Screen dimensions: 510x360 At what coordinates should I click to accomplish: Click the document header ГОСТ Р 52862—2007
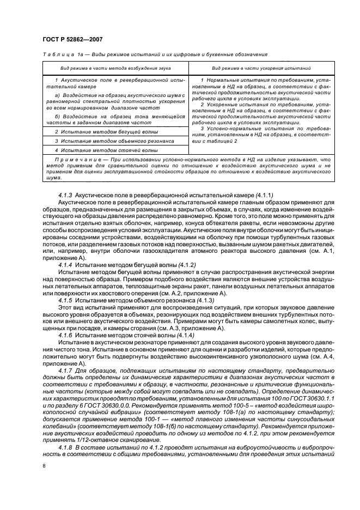(x=72, y=40)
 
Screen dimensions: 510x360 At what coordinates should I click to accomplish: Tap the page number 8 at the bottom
(x=44, y=465)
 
